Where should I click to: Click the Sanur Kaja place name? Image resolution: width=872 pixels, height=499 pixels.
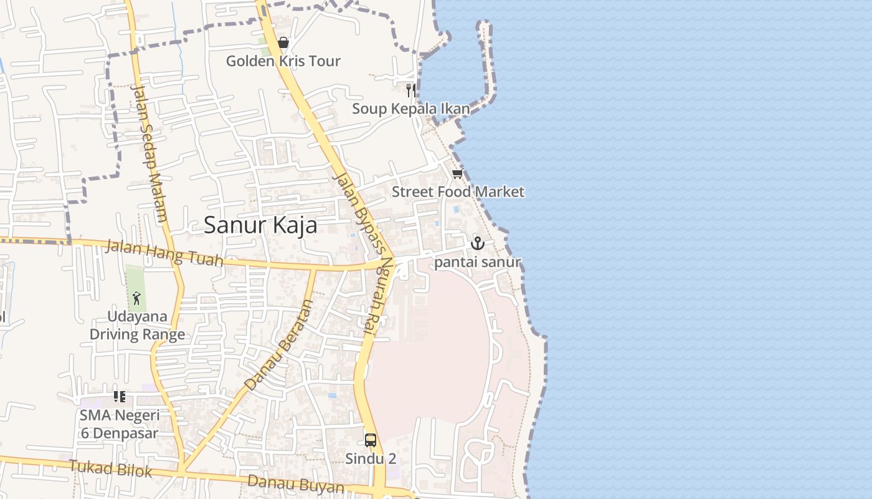tap(260, 225)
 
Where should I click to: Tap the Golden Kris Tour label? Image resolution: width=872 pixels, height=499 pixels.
tap(283, 61)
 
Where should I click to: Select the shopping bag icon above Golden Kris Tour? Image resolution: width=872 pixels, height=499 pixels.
tap(283, 42)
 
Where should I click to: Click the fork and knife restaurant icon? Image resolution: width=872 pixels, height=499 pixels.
tap(410, 90)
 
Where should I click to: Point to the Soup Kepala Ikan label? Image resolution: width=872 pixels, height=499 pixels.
tap(410, 109)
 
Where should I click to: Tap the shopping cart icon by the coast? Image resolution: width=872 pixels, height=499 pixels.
tap(458, 174)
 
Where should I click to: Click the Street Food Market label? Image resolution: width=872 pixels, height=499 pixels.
tap(458, 192)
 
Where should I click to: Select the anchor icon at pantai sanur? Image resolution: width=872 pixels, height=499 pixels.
tap(478, 243)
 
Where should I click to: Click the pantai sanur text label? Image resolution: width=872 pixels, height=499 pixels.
tap(478, 262)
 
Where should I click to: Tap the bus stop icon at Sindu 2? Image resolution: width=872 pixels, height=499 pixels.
tap(371, 440)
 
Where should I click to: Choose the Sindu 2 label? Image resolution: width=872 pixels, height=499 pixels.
tap(371, 458)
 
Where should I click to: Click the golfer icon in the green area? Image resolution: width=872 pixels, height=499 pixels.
tap(136, 298)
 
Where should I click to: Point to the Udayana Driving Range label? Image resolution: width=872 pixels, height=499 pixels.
tap(137, 325)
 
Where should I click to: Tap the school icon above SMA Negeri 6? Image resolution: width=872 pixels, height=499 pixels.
tap(120, 397)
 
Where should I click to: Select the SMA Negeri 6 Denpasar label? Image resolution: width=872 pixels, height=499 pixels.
tap(120, 424)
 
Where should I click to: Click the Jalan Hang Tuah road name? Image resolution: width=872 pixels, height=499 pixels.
tap(164, 253)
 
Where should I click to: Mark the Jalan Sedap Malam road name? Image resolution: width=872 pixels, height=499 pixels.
tap(149, 153)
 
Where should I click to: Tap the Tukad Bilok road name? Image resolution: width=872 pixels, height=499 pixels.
tap(110, 468)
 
